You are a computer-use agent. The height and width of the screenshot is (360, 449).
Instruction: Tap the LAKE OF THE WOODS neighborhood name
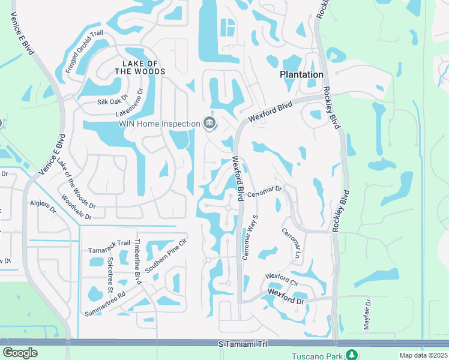click(143, 67)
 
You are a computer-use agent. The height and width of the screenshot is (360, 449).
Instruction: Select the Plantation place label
click(301, 74)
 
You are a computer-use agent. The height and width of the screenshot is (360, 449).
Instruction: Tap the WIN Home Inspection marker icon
click(209, 124)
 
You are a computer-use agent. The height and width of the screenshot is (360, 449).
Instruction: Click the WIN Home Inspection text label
click(158, 124)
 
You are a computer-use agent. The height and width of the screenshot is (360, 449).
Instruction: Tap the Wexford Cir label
click(282, 277)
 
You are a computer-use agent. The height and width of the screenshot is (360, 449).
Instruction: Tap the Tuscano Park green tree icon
click(352, 355)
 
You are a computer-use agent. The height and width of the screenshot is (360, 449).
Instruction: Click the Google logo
click(20, 353)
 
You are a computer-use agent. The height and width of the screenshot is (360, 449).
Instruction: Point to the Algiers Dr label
click(43, 206)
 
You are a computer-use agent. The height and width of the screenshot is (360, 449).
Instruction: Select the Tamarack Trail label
click(109, 243)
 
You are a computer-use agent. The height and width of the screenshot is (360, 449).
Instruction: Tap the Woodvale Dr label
click(76, 206)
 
